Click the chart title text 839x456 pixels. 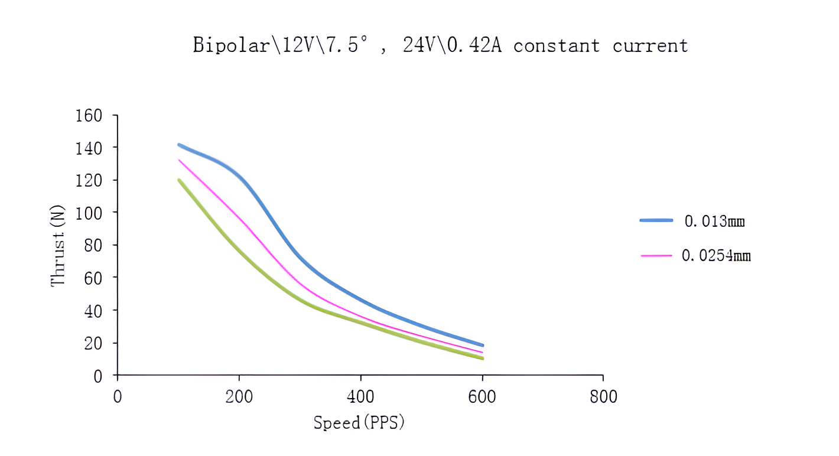pos(440,45)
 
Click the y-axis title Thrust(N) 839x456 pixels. pos(58,246)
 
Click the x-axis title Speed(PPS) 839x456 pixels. pos(359,422)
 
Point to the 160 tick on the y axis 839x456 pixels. pos(89,115)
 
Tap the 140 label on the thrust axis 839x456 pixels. pos(89,148)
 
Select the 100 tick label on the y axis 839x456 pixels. pos(89,213)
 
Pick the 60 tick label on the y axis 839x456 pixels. pos(93,278)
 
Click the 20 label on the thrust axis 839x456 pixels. pos(93,343)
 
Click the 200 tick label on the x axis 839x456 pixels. pos(239,396)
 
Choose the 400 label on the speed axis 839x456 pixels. pos(360,396)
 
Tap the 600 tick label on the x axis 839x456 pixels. pos(482,396)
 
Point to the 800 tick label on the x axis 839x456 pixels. pos(603,396)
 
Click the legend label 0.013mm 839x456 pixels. pos(714,222)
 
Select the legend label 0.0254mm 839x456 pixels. pos(716,256)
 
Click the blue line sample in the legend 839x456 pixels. pos(656,220)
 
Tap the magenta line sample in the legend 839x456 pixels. pos(656,255)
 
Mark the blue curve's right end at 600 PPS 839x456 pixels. pos(483,346)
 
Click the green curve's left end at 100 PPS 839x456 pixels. pos(178,180)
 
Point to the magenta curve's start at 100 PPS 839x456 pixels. pos(178,159)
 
